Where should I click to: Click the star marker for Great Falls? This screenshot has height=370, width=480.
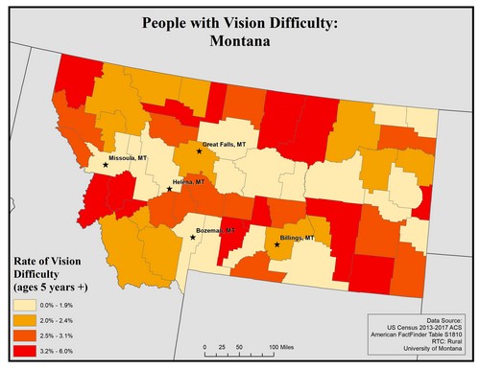tap(199, 151)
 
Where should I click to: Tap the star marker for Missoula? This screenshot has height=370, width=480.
tap(105, 164)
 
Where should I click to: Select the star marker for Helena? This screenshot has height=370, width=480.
tap(169, 189)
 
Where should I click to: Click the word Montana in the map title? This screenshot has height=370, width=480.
tap(239, 41)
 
